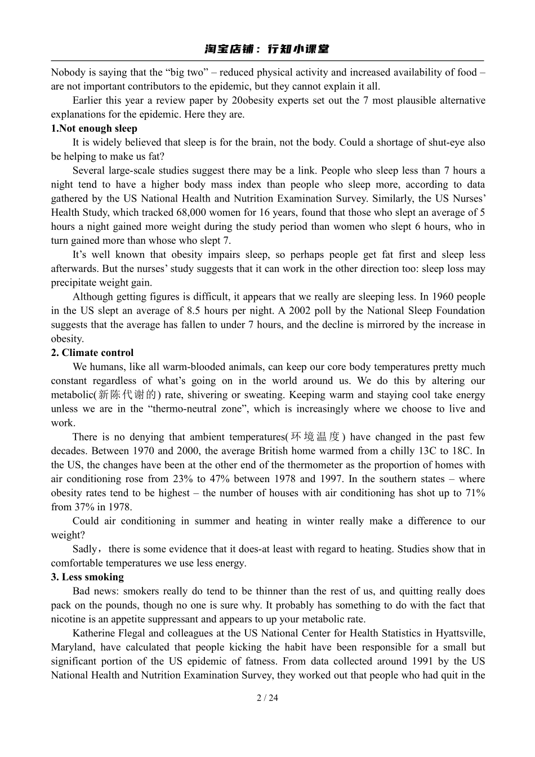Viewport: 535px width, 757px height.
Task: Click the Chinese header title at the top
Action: [267, 49]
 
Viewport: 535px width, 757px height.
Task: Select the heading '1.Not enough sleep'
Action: [94, 128]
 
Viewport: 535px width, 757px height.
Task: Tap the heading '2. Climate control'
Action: [92, 353]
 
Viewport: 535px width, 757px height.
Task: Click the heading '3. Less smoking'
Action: [87, 577]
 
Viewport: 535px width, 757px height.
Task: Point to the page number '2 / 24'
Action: [267, 698]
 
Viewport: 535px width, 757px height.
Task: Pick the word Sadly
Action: [85, 549]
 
